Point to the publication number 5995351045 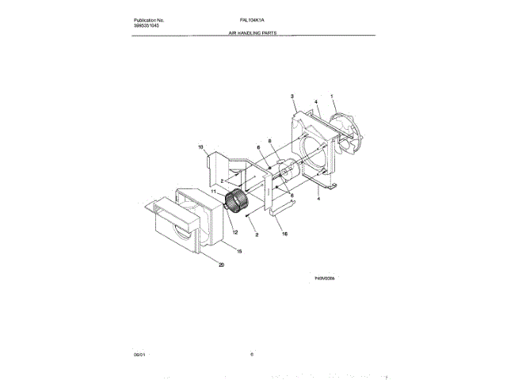pos(148,26)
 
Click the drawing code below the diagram pos(325,278)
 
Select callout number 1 pos(334,98)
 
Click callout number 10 pos(200,146)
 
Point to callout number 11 pos(213,191)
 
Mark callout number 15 pos(240,251)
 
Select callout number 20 pos(221,265)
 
